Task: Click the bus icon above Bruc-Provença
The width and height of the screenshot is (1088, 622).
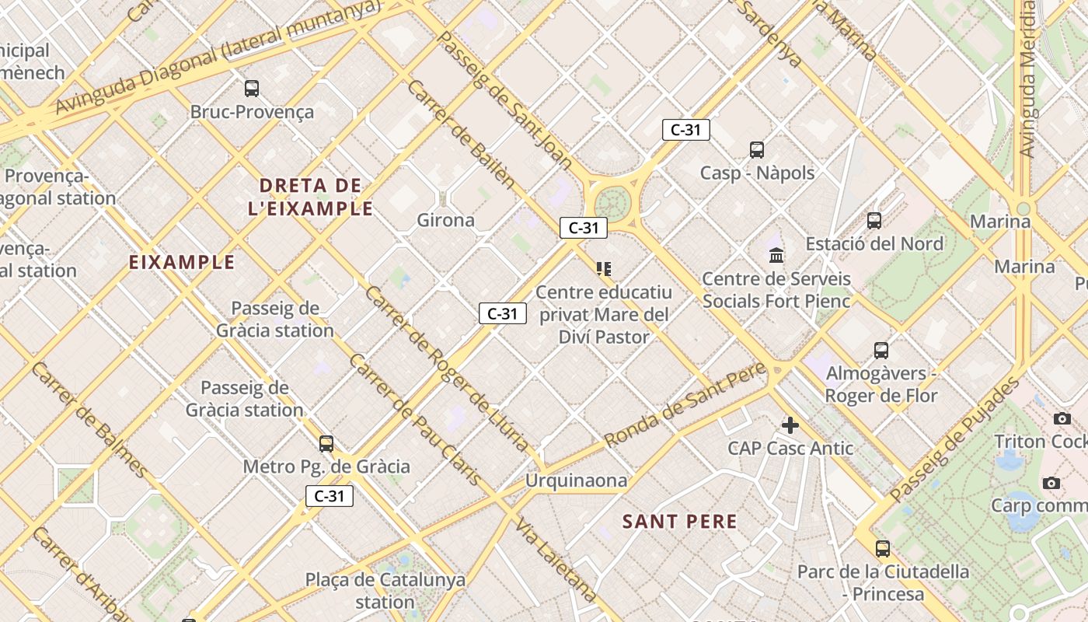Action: coord(251,89)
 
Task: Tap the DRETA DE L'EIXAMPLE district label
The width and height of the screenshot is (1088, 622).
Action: coord(311,197)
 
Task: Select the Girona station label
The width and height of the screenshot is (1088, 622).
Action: coord(445,220)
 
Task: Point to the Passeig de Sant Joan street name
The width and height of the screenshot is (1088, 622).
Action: coord(506,100)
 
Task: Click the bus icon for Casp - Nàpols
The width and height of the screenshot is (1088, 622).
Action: coord(756,150)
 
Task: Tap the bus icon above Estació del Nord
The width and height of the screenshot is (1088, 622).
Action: coord(874,221)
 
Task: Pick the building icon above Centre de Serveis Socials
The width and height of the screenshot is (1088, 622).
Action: coord(776,255)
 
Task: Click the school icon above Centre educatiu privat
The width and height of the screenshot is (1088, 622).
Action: coord(604,269)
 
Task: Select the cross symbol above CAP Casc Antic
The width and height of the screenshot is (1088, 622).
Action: coord(790,425)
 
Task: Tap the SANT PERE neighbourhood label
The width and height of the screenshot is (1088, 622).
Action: coord(679,522)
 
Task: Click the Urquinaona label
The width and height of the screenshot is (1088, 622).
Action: coord(576,480)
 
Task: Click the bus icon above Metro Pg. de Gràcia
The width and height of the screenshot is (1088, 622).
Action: coord(326,444)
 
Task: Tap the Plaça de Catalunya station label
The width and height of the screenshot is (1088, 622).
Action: coord(385,590)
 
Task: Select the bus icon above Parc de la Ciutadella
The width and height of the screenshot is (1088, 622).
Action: coord(883,549)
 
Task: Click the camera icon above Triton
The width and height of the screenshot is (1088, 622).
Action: coord(1062,419)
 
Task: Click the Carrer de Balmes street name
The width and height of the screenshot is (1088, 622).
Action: coord(89,421)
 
